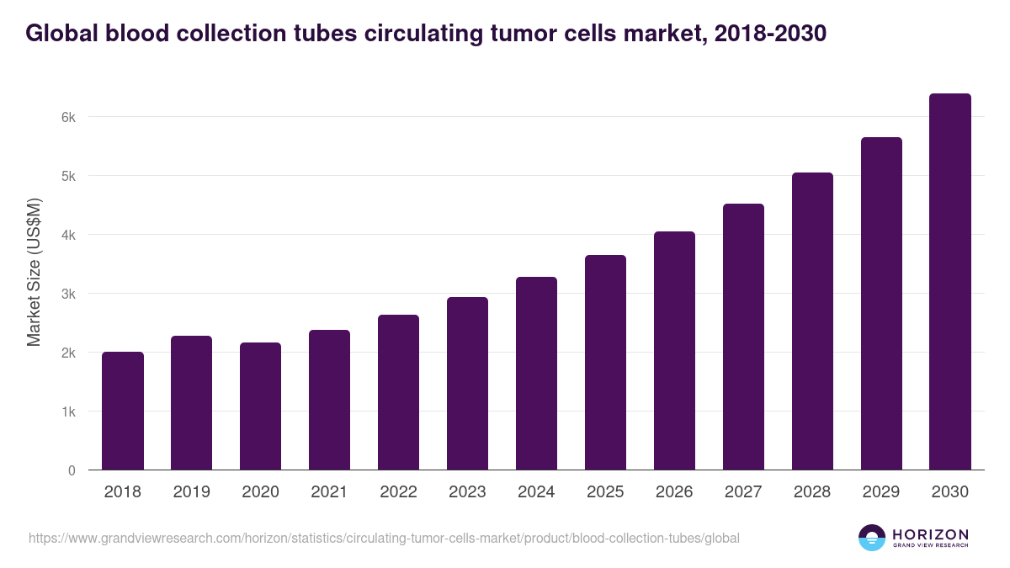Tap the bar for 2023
coord(468,384)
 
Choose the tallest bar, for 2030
coord(950,282)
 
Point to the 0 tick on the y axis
coord(72,470)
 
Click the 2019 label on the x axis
coord(192,492)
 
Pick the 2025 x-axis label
coord(606,492)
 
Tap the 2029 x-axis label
coord(881,492)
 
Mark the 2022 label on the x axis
coord(399,492)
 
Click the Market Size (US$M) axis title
coord(35,272)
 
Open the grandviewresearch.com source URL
coord(384,538)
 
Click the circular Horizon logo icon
coord(872,538)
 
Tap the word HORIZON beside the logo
coord(930,533)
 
